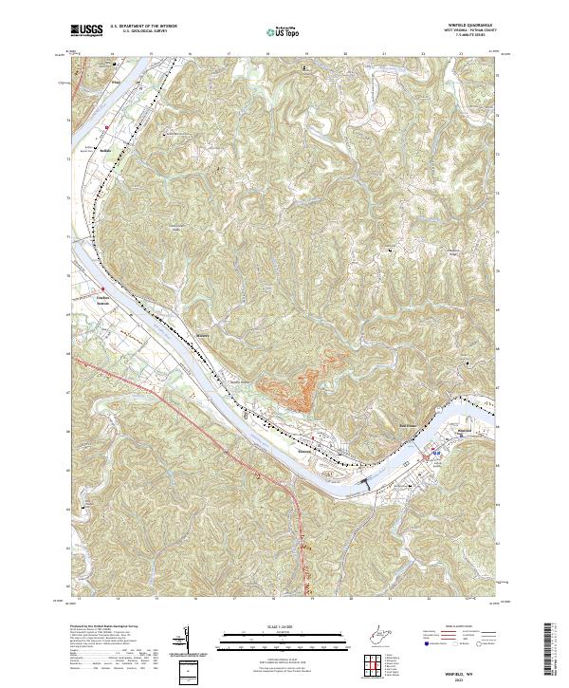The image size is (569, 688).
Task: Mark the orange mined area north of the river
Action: point(300,380)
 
